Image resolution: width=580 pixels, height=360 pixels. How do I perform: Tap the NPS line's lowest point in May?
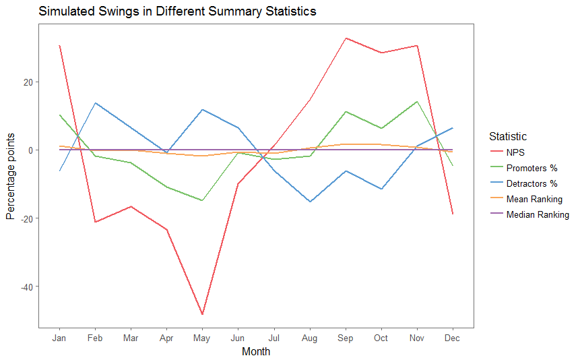(202, 314)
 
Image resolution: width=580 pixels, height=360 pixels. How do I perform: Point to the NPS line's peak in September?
(345, 38)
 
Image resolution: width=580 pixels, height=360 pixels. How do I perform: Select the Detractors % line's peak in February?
(95, 103)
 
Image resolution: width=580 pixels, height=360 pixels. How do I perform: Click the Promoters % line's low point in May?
(202, 200)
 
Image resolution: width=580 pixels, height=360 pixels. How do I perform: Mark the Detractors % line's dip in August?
(310, 202)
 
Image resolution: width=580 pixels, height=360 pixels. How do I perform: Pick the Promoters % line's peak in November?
(417, 102)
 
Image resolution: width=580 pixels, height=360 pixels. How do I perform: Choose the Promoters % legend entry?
(531, 168)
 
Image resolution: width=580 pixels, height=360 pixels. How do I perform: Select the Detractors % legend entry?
(531, 183)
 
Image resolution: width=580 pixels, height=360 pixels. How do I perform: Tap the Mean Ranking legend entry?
(534, 199)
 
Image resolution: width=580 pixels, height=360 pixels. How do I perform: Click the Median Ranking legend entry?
(537, 214)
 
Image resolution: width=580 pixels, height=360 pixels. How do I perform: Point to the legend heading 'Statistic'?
(508, 136)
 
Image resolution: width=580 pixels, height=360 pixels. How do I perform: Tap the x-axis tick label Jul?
(273, 338)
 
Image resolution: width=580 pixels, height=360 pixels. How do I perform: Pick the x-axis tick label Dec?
(453, 338)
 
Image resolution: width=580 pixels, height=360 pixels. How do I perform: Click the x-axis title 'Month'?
(256, 351)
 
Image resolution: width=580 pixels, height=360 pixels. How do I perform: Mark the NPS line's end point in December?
(453, 214)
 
